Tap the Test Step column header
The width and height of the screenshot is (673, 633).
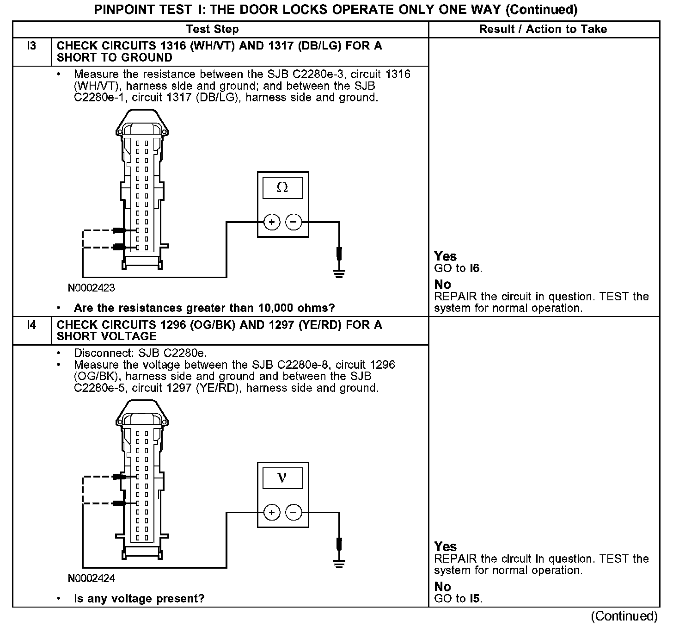point(212,29)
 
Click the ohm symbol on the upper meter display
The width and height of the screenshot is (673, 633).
point(282,187)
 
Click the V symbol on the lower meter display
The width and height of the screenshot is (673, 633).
point(282,478)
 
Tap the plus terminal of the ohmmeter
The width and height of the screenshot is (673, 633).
point(271,223)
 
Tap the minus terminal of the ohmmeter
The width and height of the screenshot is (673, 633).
point(293,223)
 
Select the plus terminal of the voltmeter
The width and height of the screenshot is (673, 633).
point(271,513)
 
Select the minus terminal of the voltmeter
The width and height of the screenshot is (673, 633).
point(293,513)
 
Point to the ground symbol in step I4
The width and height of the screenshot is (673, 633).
point(339,563)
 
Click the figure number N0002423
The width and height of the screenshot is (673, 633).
point(92,288)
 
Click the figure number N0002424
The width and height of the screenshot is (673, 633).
point(92,578)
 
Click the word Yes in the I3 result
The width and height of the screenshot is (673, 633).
point(446,257)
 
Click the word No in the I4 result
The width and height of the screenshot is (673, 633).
point(442,587)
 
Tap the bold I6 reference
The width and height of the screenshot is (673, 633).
point(475,268)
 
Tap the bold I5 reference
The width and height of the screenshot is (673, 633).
point(475,599)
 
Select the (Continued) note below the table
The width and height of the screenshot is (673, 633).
point(624,616)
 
